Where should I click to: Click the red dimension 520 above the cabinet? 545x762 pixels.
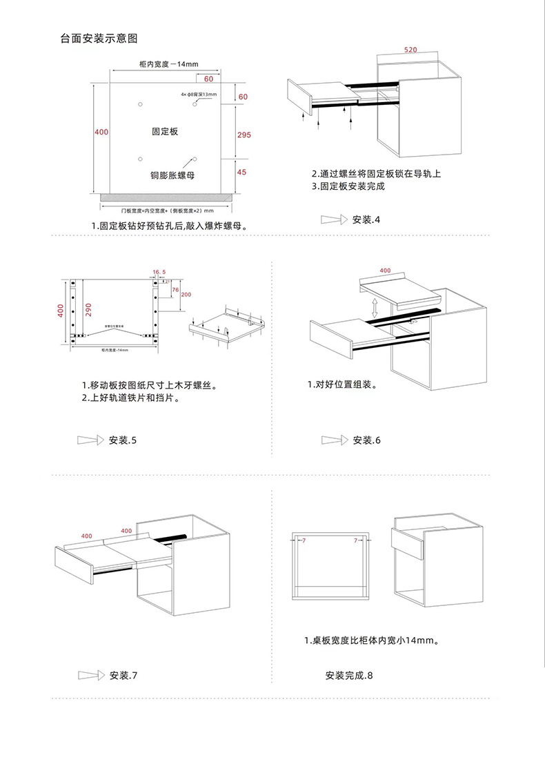pos(410,50)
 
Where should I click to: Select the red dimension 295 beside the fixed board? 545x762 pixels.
pos(244,135)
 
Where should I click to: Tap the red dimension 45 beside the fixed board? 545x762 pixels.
pos(241,172)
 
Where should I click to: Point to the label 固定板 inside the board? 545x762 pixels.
pos(165,130)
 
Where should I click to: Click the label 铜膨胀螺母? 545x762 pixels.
pos(172,175)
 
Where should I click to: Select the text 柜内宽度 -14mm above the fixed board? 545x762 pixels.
pos(168,64)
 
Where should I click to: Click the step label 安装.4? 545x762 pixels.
pos(366,220)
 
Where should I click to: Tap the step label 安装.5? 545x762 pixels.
pos(123,440)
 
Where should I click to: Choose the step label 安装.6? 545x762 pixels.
pos(366,440)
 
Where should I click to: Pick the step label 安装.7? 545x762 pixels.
pos(124,675)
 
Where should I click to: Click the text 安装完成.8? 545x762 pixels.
pos(348,675)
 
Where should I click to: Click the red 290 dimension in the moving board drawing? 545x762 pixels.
pos(88,310)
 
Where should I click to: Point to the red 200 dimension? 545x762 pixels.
pos(186,295)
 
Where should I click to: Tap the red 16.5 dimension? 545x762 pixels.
pos(159,273)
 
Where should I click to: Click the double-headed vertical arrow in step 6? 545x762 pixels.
pos(374,306)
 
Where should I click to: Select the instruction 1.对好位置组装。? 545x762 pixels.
pos(342,384)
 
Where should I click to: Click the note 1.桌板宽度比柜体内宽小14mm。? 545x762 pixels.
pos(372,641)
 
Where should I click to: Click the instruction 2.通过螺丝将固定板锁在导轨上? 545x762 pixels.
pos(375,174)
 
